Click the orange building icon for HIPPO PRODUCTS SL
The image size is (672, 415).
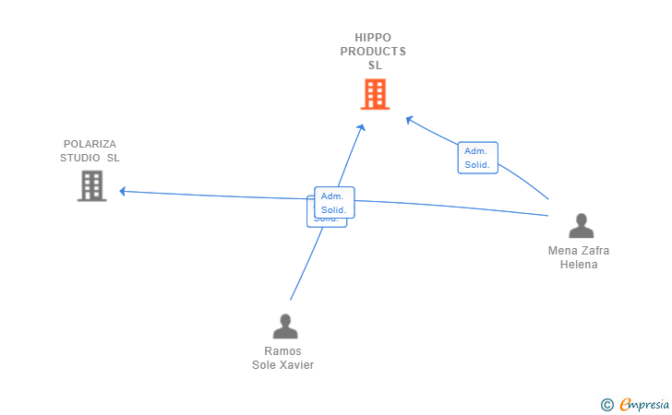(x=375, y=94)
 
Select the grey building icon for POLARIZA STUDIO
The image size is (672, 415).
(x=91, y=185)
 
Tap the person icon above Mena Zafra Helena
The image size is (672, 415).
(x=581, y=226)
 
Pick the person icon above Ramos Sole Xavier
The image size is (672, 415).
(x=285, y=326)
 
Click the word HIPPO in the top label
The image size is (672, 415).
(x=373, y=38)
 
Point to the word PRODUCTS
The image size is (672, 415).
(x=373, y=52)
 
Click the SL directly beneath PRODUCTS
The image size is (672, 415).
(x=374, y=65)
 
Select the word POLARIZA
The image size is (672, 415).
(x=90, y=144)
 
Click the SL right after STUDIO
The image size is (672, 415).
(x=113, y=158)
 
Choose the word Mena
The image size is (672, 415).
(x=561, y=251)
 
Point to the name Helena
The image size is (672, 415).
(x=579, y=265)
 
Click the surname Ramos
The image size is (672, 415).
(x=282, y=351)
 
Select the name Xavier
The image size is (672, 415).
(x=298, y=365)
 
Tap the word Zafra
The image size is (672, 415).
(x=594, y=251)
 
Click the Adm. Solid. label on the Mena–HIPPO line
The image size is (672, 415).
(x=477, y=158)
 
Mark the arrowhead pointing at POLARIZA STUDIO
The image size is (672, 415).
(x=123, y=192)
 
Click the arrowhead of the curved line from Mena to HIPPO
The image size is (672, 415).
(x=409, y=119)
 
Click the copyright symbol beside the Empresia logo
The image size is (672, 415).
(x=606, y=404)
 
